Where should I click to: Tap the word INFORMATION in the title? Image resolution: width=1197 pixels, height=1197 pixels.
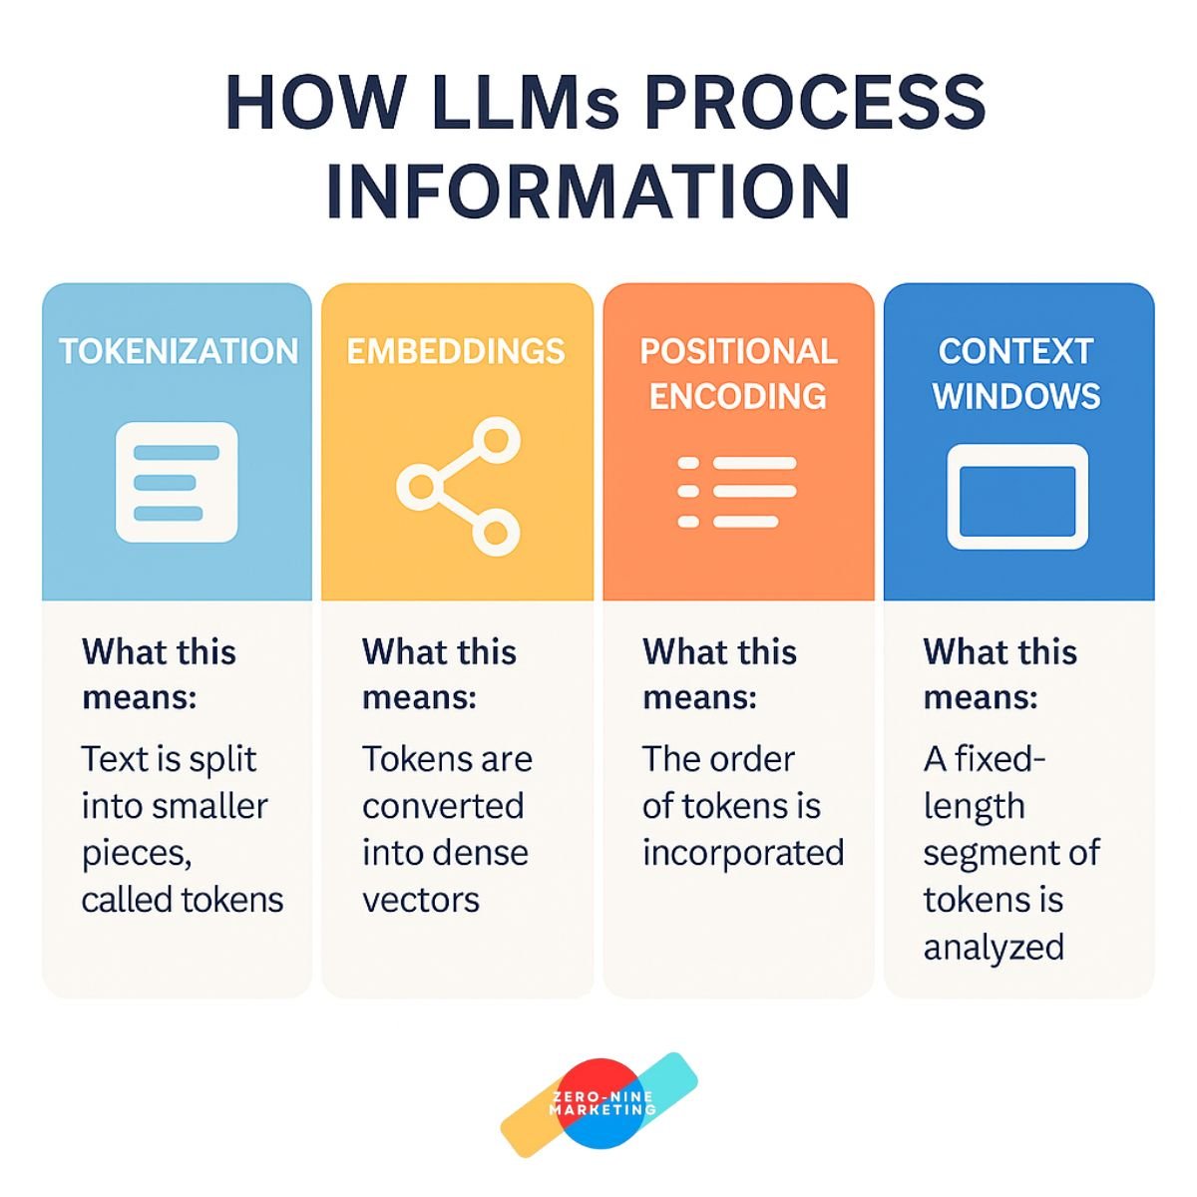point(589,192)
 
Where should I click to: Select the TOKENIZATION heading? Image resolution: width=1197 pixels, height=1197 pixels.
point(179,351)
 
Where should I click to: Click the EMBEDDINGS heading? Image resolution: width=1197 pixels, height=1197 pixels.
point(456,351)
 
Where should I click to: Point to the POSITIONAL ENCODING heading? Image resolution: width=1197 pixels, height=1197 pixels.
point(738,373)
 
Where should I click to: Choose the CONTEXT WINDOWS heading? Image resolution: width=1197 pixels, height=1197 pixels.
point(1016,373)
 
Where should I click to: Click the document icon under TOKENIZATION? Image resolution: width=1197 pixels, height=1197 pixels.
point(177,483)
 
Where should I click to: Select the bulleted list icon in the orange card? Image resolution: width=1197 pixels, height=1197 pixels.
point(737,492)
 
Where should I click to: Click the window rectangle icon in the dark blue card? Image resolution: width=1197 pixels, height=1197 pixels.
point(1016,497)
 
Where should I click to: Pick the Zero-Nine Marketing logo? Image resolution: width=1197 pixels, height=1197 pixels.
point(599,1104)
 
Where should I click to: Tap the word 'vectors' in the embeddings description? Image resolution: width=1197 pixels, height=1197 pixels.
point(421,900)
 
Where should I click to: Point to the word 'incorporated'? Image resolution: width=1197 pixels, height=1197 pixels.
point(743,853)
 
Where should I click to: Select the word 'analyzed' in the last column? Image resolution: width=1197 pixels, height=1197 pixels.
point(994,947)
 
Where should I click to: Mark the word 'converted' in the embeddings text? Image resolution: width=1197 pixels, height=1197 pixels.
point(443,806)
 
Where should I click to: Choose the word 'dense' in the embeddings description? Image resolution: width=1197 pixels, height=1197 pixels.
point(489,853)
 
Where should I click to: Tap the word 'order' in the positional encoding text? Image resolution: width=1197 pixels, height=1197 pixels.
point(749,759)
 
